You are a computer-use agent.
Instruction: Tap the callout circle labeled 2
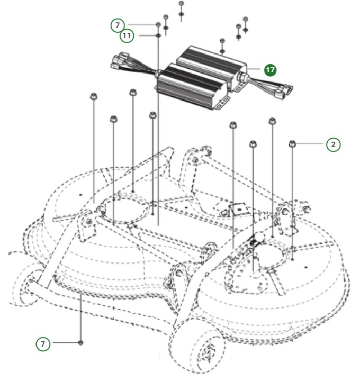333,144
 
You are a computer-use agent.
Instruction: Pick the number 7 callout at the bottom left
44,343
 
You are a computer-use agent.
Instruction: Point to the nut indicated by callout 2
292,144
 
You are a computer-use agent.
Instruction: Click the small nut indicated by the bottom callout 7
80,343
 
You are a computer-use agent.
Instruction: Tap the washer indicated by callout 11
158,35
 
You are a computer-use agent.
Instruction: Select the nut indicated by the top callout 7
158,25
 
